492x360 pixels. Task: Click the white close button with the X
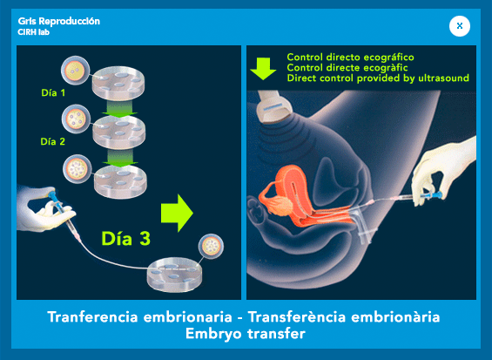pos(460,26)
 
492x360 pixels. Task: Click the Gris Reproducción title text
pos(59,21)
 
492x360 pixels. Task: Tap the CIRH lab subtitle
pos(34,32)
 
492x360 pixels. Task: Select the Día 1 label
pos(53,92)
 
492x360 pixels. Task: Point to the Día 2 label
pos(53,142)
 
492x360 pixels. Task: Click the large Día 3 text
pos(126,239)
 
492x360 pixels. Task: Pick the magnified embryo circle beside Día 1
pos(75,70)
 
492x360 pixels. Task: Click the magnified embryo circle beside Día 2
pos(76,119)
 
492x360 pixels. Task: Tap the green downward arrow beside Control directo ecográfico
pos(263,69)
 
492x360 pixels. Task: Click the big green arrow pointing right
pos(177,213)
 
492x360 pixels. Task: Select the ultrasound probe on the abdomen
pos(274,107)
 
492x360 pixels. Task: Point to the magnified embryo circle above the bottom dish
pos(211,247)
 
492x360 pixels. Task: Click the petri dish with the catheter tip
pos(175,275)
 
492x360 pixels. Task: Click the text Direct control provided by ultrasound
pos(378,78)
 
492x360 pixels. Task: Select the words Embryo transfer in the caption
pos(246,334)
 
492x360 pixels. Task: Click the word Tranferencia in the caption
pos(93,316)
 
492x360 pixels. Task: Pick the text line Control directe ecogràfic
pos(347,67)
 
